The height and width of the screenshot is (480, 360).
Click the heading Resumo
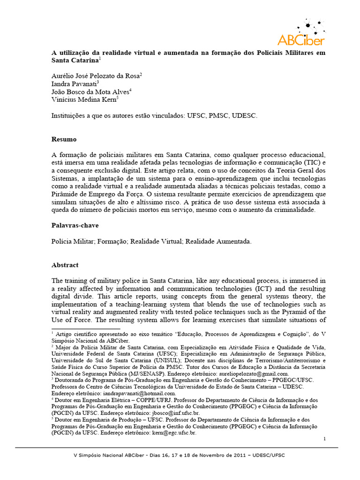point(64,140)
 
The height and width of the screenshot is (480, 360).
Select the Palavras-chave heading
point(75,225)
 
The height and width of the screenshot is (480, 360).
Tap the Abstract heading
point(65,265)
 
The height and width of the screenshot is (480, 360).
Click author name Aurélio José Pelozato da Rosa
point(96,75)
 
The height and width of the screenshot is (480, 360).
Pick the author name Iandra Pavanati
point(74,84)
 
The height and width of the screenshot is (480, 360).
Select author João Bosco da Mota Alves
point(90,92)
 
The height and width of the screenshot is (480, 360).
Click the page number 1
point(324,438)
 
